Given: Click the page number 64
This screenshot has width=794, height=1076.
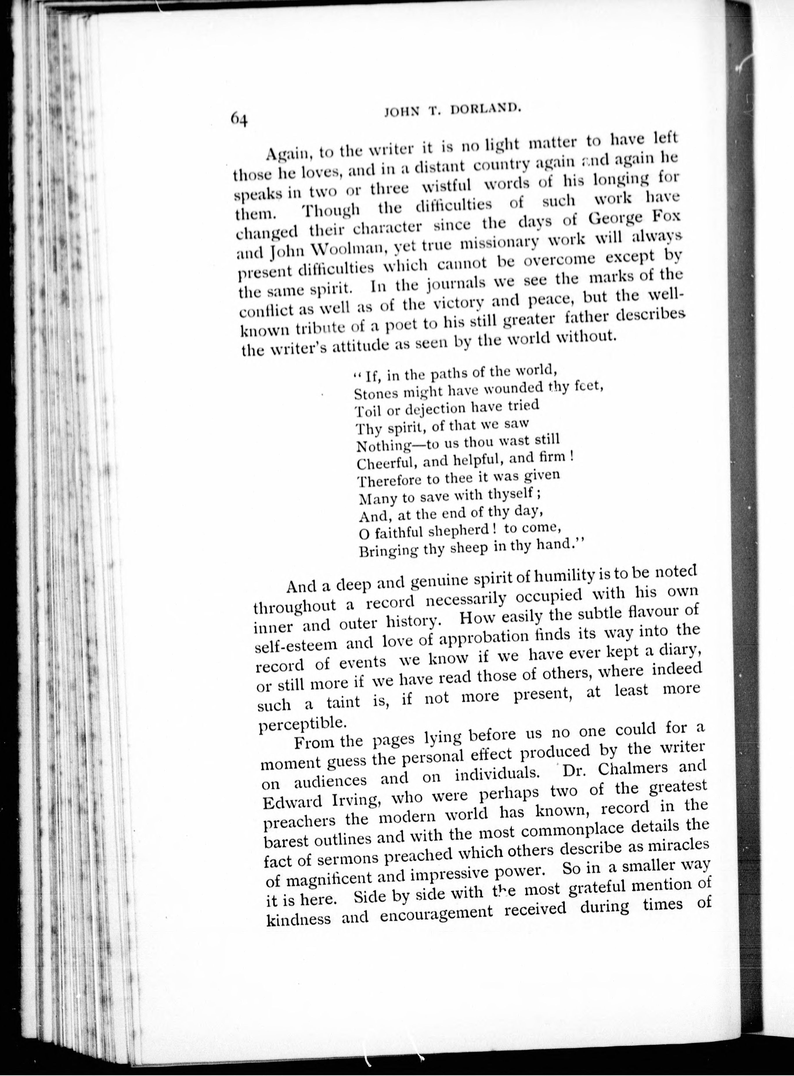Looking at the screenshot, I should click(x=239, y=118).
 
